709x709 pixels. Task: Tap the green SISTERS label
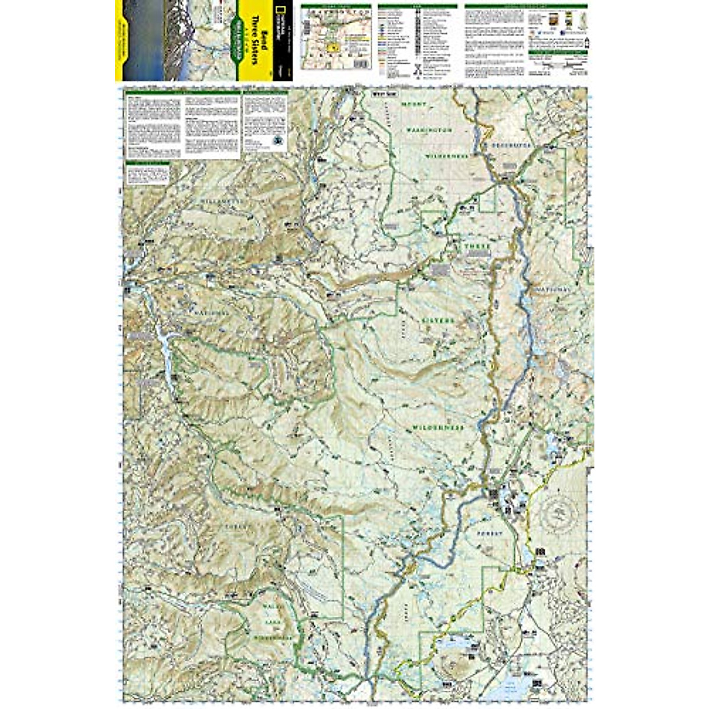tap(438, 321)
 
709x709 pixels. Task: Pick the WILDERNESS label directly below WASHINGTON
tap(447, 156)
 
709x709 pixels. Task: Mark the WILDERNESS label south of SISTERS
tap(438, 427)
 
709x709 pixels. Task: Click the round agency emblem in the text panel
tap(277, 139)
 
